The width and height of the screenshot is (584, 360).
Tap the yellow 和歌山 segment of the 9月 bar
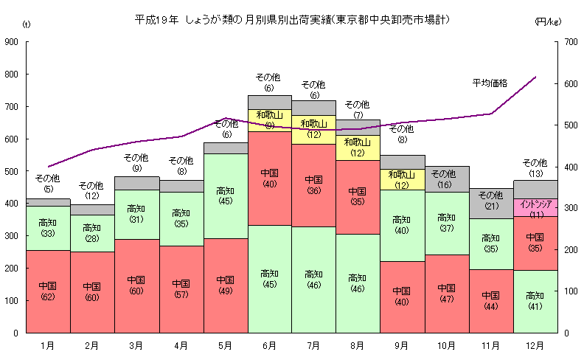pos(402,179)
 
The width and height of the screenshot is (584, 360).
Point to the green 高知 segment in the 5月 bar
pos(225,195)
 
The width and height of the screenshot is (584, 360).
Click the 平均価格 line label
pos(490,83)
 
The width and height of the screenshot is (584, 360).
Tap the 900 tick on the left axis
pos(12,42)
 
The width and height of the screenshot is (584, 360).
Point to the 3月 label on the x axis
pos(136,345)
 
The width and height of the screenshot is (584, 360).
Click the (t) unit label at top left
pos(27,24)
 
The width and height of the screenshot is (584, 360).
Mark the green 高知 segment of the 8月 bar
pos(358,283)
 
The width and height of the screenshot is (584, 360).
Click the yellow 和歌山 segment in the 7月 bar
pos(313,128)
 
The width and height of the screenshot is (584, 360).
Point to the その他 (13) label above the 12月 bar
pos(535,167)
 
